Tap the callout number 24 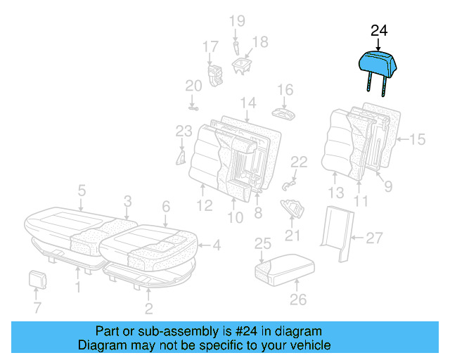pos(379,30)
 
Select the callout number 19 pos(236,21)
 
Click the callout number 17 pos(211,47)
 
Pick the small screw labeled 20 pos(193,108)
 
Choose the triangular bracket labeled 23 pos(181,155)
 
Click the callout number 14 pos(247,104)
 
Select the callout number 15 pos(417,140)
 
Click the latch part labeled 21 pos(292,208)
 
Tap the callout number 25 pos(262,244)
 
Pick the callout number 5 pos(82,190)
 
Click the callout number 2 pos(148,308)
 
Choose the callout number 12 pos(204,207)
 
